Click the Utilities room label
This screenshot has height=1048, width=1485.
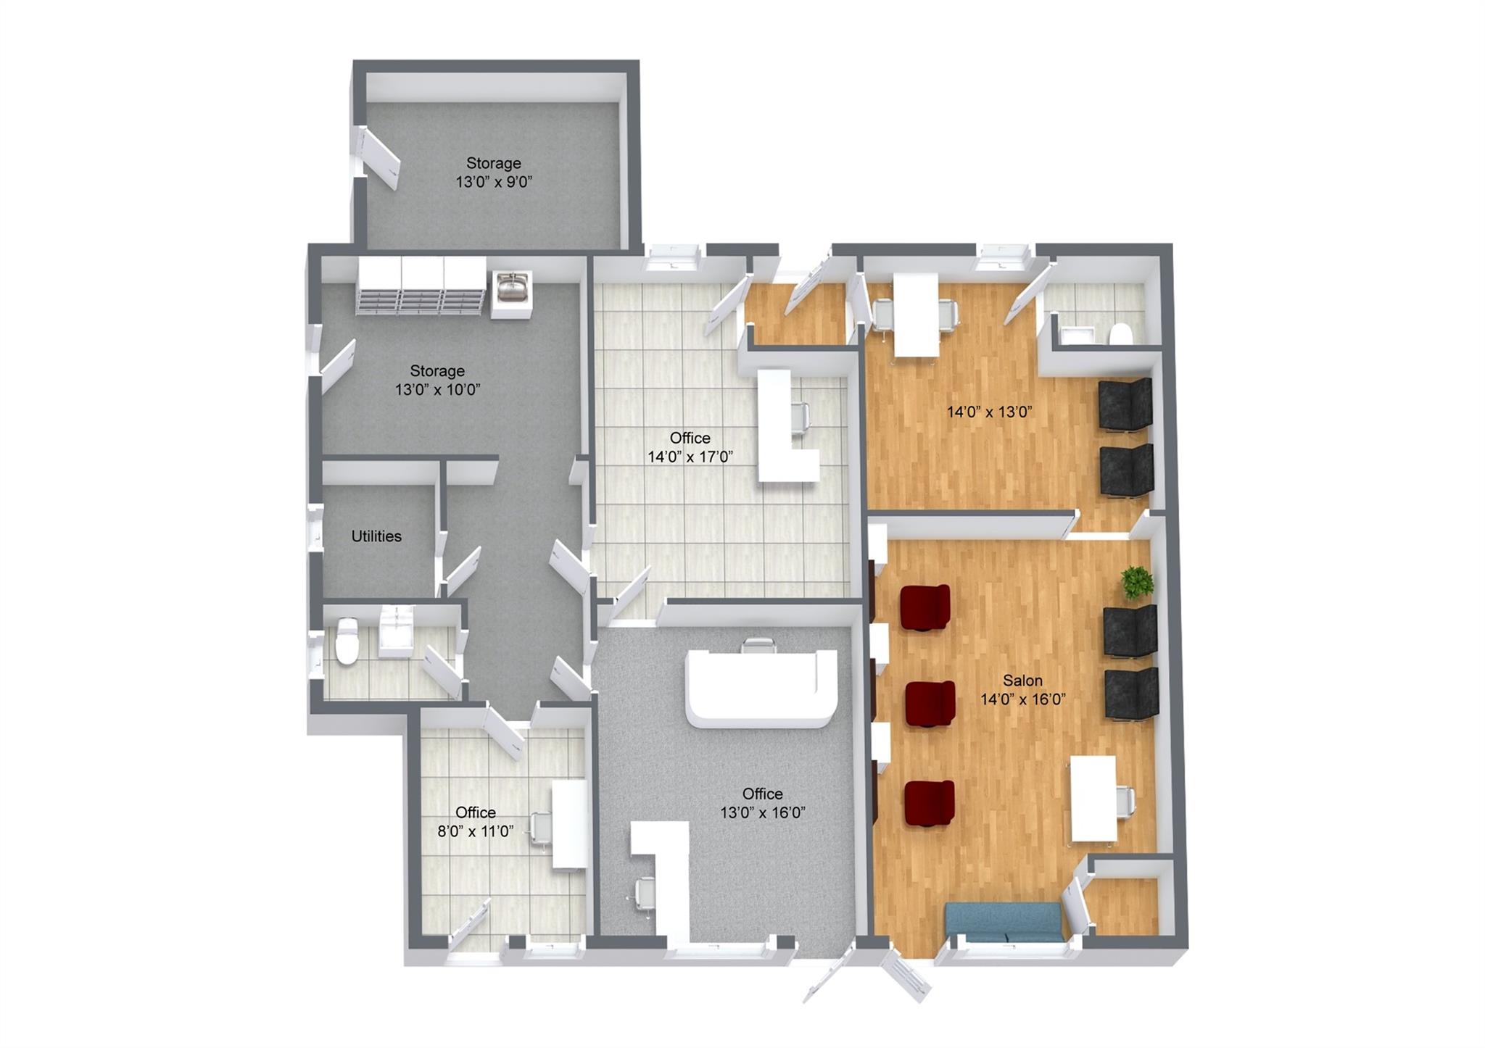376,536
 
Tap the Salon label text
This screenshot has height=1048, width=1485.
1022,681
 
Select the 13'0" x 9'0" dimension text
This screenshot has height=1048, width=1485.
494,182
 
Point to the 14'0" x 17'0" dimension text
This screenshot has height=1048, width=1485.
690,457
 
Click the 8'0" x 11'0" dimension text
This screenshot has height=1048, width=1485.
476,831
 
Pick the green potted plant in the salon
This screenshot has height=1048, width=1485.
1136,582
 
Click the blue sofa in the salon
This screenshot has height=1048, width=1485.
1004,923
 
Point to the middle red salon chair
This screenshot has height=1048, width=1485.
930,704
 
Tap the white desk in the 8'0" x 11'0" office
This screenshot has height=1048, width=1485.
571,824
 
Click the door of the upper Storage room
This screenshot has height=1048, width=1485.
379,159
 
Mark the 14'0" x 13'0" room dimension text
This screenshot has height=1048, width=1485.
989,412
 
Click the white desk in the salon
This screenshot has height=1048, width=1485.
1093,799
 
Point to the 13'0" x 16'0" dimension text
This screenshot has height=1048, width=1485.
763,812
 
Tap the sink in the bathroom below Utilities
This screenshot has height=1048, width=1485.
396,631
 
